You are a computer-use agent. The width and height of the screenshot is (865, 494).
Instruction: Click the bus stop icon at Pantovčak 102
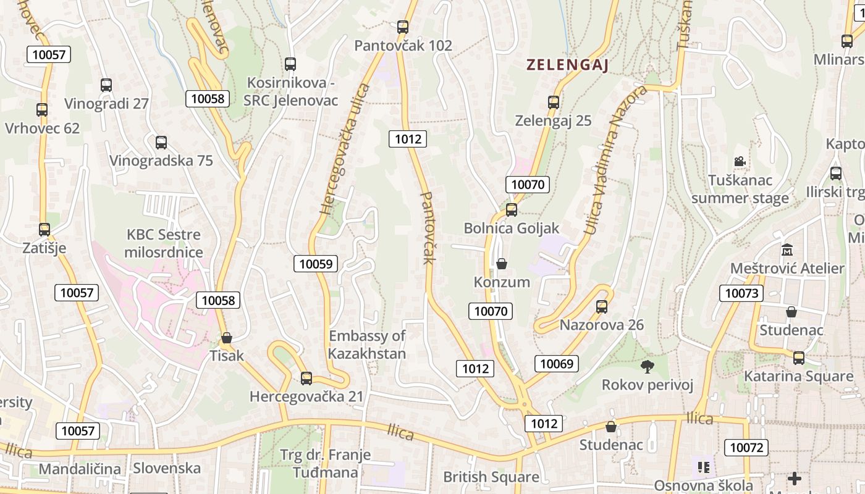[x=403, y=27]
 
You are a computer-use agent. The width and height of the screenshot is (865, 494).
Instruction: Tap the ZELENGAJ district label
[x=568, y=65]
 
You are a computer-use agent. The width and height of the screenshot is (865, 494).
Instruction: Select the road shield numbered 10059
[x=316, y=264]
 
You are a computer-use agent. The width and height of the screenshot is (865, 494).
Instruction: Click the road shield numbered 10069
[x=557, y=364]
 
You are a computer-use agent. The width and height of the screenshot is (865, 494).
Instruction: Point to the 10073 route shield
[x=741, y=293]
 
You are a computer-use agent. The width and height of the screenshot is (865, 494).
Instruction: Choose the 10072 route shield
[x=746, y=447]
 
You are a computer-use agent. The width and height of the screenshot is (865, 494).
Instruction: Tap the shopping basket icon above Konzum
[x=502, y=264]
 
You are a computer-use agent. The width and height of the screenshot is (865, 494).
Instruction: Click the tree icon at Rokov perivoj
[x=648, y=367]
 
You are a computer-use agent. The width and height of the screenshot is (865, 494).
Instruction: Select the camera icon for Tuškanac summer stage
[x=740, y=162]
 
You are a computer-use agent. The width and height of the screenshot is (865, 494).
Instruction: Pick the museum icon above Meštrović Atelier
[x=787, y=250]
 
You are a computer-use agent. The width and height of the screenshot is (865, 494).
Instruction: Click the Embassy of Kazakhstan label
[x=367, y=345]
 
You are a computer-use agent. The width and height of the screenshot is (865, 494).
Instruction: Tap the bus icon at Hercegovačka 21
[x=306, y=379]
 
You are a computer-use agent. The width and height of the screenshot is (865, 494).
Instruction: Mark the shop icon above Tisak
[x=227, y=338]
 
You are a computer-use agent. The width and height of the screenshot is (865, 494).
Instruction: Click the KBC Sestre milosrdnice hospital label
[x=164, y=243]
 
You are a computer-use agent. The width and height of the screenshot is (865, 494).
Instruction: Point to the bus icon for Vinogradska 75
[x=161, y=143]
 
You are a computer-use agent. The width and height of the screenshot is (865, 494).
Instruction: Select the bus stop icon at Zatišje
[x=44, y=230]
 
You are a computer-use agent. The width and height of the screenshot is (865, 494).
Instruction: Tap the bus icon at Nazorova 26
[x=602, y=306]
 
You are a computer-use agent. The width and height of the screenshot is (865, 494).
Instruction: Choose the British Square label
[x=491, y=477]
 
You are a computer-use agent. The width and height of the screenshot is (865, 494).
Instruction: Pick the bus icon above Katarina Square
[x=799, y=358]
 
